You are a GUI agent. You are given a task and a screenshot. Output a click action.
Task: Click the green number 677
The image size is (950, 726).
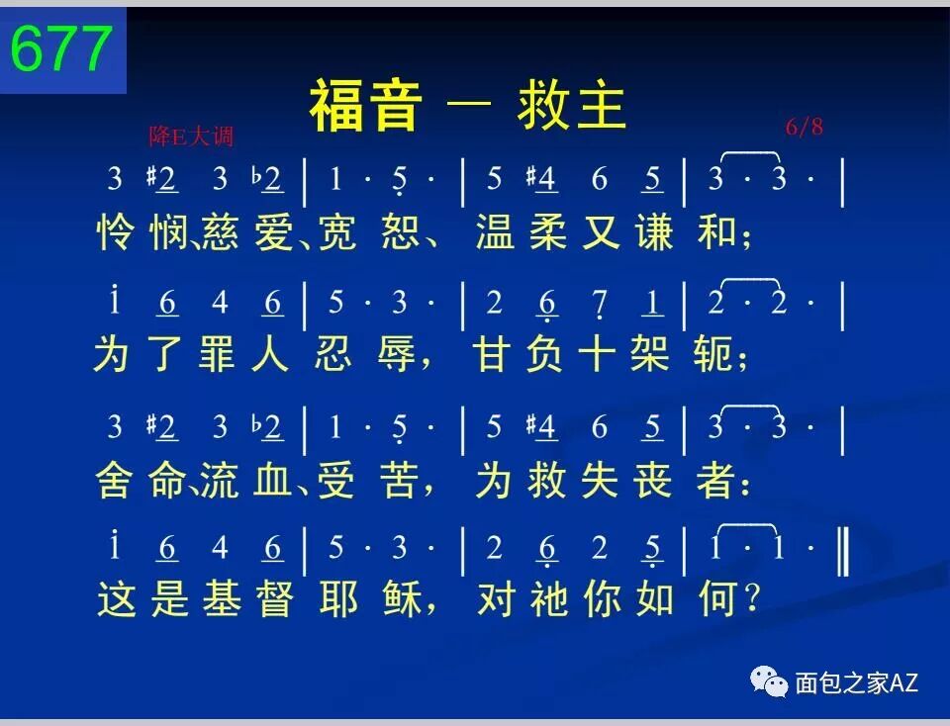[61, 49]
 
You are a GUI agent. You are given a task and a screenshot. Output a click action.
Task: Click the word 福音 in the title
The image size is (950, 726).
[366, 106]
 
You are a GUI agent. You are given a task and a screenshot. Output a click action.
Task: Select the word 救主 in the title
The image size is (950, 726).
[572, 106]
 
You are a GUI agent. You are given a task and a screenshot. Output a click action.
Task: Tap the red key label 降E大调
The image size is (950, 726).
[192, 136]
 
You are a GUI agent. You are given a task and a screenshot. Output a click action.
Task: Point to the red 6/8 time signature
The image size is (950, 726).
[805, 127]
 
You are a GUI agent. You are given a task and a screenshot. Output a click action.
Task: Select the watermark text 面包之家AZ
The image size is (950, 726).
[856, 681]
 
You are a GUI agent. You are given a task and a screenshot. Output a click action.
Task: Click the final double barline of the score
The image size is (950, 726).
[842, 551]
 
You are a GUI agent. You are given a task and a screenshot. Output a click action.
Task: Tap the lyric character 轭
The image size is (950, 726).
[715, 355]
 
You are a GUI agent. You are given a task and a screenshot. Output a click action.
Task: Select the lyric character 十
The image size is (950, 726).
[599, 355]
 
